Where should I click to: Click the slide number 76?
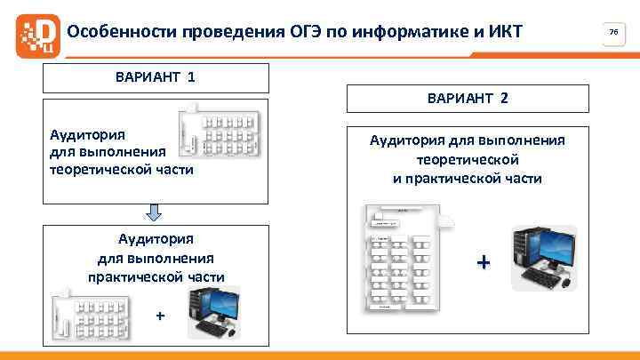612,32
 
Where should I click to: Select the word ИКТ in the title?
504,33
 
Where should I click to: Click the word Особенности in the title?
122,33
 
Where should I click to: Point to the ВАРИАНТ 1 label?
156,76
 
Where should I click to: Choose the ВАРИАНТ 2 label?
468,98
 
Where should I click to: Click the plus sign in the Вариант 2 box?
483,263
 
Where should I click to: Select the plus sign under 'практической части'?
160,316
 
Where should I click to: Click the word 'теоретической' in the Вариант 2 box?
467,159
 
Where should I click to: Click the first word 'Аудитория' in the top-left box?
86,134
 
